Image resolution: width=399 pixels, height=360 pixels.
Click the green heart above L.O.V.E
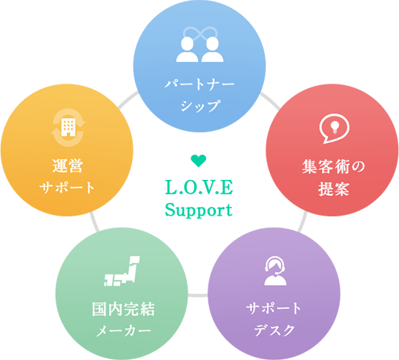click(199, 161)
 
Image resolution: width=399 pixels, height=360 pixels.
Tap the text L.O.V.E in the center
click(199, 187)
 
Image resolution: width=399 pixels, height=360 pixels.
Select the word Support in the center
click(199, 210)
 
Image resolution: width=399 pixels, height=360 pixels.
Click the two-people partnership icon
click(199, 50)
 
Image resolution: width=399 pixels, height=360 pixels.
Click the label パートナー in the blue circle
click(199, 84)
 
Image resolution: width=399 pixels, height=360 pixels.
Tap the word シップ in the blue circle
click(200, 105)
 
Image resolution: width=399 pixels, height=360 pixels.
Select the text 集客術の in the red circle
click(334, 167)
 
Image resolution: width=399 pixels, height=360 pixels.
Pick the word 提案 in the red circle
click(334, 189)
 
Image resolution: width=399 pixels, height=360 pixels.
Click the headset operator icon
click(275, 270)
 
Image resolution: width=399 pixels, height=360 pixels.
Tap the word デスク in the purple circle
click(275, 330)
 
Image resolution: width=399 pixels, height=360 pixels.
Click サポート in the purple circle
click(274, 308)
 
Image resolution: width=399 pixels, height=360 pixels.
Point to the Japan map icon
click(122, 271)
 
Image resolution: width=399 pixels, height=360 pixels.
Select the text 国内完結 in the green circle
click(123, 309)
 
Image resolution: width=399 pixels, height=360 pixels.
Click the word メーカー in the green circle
click(124, 330)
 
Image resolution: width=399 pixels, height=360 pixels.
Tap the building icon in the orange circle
click(68, 127)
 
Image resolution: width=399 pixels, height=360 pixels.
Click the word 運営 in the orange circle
click(67, 166)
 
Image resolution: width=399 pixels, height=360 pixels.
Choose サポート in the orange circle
click(67, 187)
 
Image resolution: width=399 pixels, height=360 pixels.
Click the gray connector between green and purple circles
click(198, 295)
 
